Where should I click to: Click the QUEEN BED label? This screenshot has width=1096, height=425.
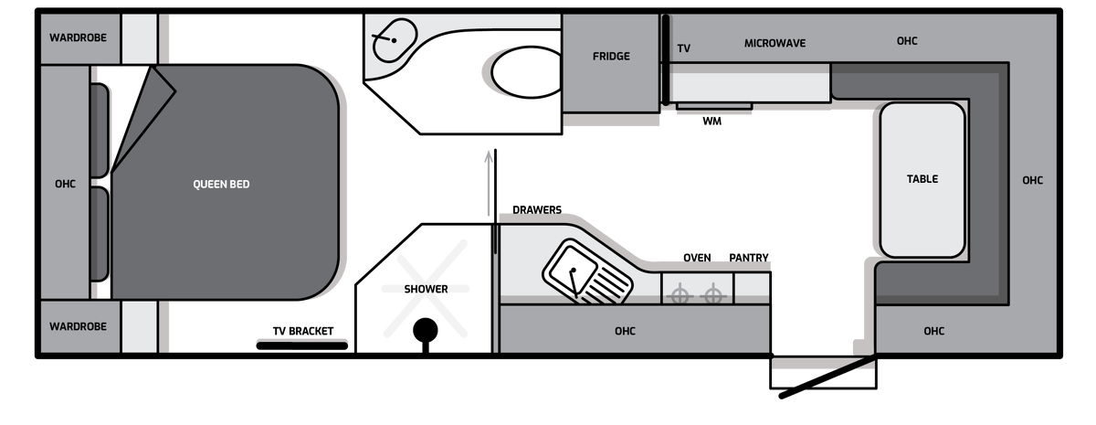coord(221,184)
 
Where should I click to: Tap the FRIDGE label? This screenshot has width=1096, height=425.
coord(611,57)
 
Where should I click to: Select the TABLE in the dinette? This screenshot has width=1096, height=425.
coord(922,179)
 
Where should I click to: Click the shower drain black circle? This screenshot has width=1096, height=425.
coord(426,331)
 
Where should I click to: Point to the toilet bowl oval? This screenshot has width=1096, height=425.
coord(526,72)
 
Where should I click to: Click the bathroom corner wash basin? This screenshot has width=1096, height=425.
coord(395,40)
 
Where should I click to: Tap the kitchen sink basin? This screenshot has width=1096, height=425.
coord(573,269)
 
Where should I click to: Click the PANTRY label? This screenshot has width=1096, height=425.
coord(749,258)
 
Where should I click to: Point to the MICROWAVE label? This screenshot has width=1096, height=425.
coord(775,43)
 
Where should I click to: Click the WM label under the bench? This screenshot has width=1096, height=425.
coord(711,121)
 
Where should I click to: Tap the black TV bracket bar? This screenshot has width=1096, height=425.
coord(302,345)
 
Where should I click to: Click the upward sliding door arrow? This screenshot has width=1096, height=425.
coord(489,183)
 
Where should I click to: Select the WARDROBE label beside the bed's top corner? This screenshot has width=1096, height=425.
coord(78,37)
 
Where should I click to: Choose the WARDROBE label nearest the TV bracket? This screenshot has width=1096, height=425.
coord(78,326)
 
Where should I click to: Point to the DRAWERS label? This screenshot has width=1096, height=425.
coord(537,209)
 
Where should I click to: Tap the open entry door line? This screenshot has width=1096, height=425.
coord(827,377)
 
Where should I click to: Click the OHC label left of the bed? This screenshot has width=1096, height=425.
coord(65,184)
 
